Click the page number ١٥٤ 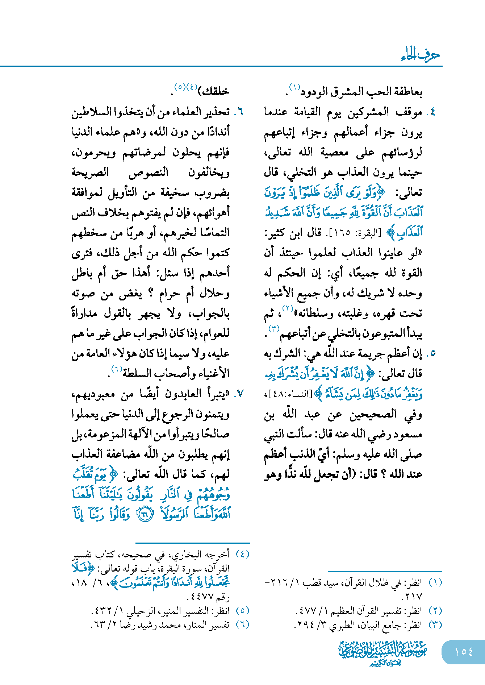coord(464,652)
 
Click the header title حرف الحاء coord(420,55)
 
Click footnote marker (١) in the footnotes coord(435,582)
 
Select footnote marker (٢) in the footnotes coord(435,611)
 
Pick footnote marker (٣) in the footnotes coord(435,625)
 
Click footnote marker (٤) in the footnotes coord(242,554)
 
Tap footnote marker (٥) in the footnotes coord(242,611)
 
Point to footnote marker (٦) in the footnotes coord(242,625)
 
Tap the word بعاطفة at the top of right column coord(407,92)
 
